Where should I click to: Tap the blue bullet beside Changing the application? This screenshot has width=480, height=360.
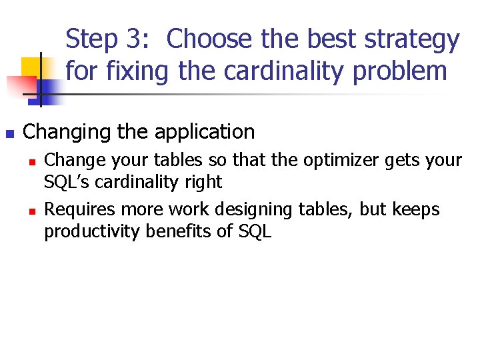(9, 133)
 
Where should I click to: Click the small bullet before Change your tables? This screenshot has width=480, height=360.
(31, 161)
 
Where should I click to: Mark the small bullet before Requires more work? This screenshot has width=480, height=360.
(31, 211)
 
